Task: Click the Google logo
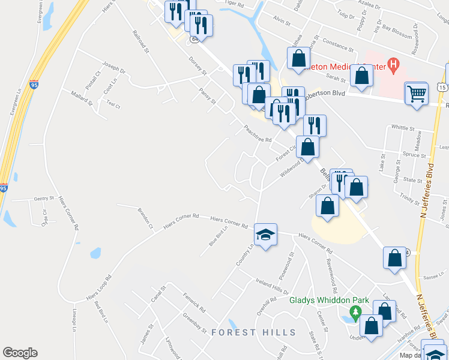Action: [x=20, y=353]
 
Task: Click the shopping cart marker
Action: [x=416, y=93]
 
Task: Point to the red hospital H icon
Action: [x=394, y=62]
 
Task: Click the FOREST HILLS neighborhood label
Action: [x=253, y=332]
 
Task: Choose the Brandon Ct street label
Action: [x=145, y=218]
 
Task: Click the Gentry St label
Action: [x=44, y=198]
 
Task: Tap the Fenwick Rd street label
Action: [x=195, y=301]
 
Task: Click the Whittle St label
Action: [x=403, y=128]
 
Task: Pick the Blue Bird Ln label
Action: [x=218, y=236]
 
